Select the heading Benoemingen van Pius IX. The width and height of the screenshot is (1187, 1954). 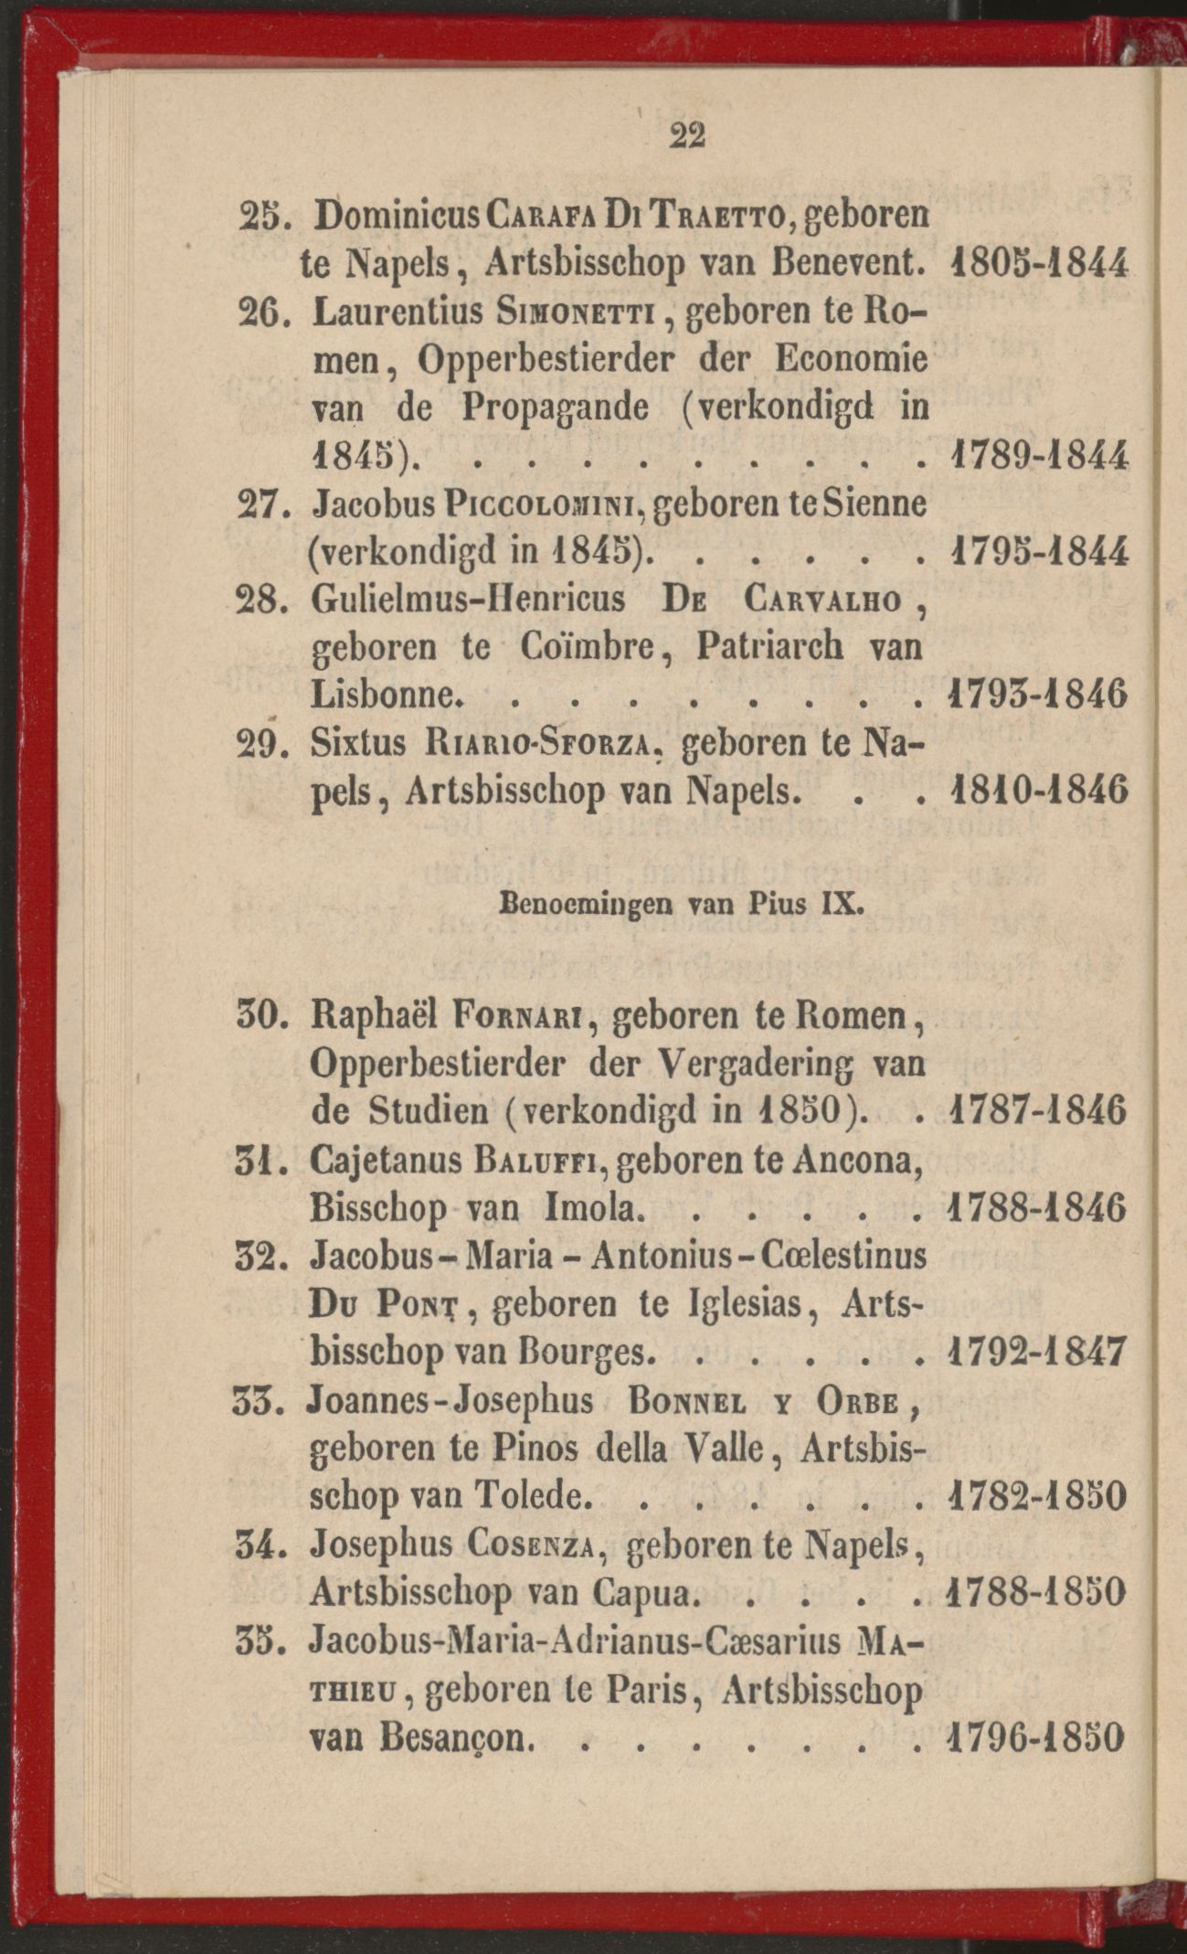pyautogui.click(x=682, y=906)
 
